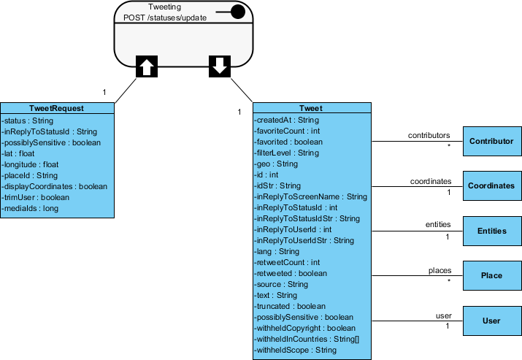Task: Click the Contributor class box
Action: coord(492,141)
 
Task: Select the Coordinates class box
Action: coord(492,185)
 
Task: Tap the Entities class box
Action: coord(492,231)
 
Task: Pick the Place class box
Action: coord(492,275)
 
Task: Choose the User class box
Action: coord(492,321)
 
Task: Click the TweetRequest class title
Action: coord(57,108)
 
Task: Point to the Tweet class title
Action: coord(310,109)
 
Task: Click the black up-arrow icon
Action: coord(146,67)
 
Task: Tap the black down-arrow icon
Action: coord(219,67)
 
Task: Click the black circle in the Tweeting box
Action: coord(237,11)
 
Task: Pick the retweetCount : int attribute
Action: coord(288,262)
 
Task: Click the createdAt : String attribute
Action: coord(287,120)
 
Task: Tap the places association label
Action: coord(440,270)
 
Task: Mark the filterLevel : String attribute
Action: coord(287,153)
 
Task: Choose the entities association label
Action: coord(438,225)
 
